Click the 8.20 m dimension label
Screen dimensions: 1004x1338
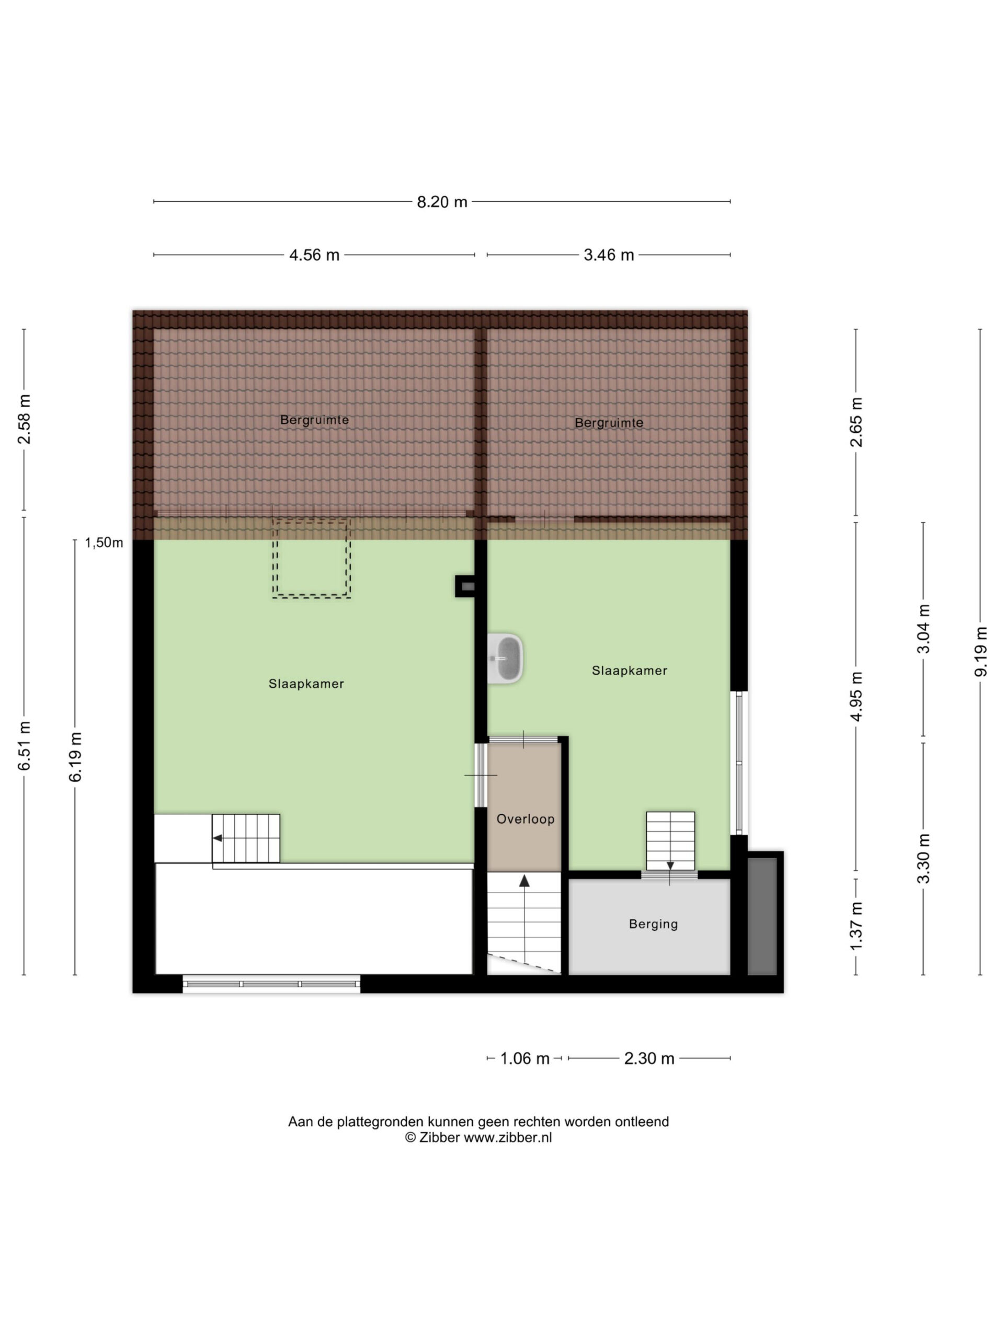[x=442, y=202]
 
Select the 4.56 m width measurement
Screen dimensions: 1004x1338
[x=314, y=255]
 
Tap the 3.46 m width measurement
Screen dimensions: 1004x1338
[x=609, y=255]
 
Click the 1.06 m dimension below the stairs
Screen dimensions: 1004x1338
[x=524, y=1058]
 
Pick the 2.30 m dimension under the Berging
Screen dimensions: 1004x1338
[x=649, y=1058]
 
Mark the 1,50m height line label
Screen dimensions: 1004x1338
[x=104, y=543]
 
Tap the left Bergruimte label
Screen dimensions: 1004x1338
[x=315, y=420]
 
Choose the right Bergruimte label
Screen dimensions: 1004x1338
[x=609, y=423]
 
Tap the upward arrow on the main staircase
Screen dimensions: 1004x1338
[x=524, y=881]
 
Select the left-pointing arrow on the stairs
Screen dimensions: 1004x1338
[x=217, y=838]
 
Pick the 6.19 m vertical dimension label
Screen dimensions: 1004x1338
[x=75, y=757]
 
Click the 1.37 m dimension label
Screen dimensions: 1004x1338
[x=855, y=926]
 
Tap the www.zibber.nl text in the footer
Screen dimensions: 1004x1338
[x=508, y=1137]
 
